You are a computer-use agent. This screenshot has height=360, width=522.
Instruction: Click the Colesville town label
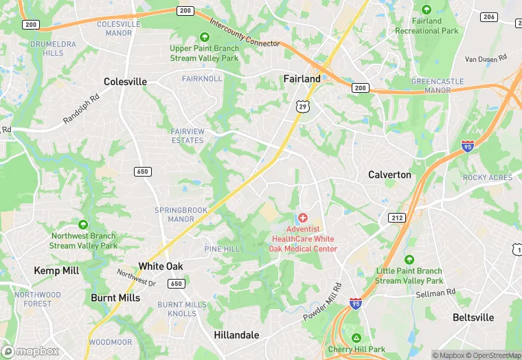tap(125, 82)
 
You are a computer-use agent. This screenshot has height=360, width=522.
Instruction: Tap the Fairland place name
tap(302, 79)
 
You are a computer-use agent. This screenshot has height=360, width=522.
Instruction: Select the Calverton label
tap(389, 175)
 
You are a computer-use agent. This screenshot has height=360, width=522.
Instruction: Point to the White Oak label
tap(161, 266)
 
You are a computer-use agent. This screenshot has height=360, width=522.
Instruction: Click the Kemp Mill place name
tap(56, 271)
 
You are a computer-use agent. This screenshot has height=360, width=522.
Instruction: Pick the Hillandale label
tap(236, 335)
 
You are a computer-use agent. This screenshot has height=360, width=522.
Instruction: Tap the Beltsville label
tap(473, 317)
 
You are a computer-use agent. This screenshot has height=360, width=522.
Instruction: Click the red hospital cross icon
tap(303, 217)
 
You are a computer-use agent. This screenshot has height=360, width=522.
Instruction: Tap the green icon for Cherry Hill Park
tap(356, 337)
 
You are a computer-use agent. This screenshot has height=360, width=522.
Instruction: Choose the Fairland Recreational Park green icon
tap(427, 10)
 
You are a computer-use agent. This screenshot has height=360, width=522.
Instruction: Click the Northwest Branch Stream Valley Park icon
tap(82, 225)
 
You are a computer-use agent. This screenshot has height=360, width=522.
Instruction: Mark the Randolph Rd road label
tap(81, 109)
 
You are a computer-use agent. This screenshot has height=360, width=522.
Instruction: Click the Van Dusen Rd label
tap(486, 59)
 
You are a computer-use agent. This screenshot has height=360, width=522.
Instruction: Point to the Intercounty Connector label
tap(245, 34)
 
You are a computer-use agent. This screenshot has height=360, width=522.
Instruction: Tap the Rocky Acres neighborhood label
tap(487, 177)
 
